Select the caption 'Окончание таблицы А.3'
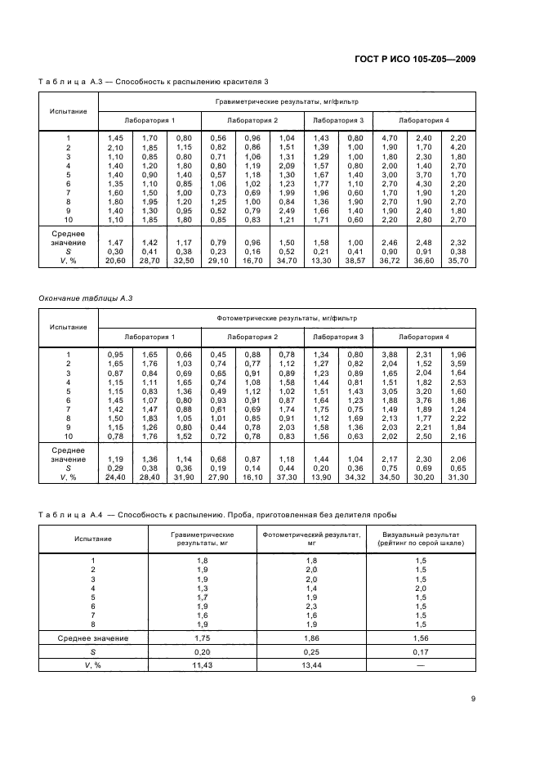(86, 297)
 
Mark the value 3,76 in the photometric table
(424, 400)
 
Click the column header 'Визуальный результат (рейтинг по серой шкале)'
(422, 538)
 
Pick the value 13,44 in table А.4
(311, 666)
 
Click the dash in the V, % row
(422, 666)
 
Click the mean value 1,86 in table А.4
(311, 637)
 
